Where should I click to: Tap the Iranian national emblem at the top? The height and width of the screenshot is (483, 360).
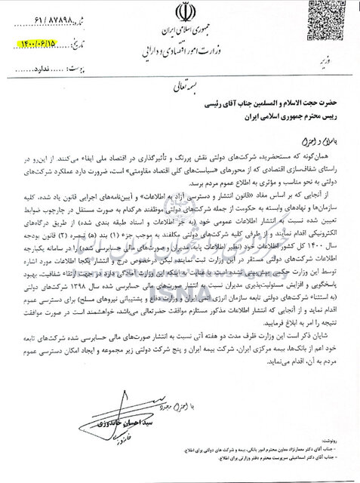click(x=183, y=14)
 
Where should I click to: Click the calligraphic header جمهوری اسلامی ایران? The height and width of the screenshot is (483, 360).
click(x=184, y=36)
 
